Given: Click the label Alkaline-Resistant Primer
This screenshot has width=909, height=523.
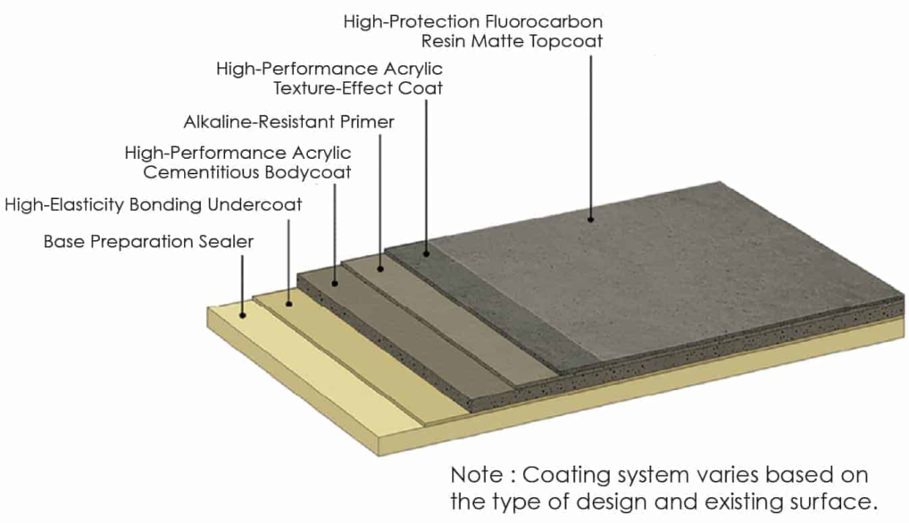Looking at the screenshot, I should [288, 121].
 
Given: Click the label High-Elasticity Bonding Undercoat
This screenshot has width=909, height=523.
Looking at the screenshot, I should [154, 204].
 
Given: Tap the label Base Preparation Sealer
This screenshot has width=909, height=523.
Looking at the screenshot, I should [148, 241].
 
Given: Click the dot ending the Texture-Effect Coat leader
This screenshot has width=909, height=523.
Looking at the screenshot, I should [426, 253].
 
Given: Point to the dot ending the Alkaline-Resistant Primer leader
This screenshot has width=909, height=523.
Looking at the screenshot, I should [379, 267].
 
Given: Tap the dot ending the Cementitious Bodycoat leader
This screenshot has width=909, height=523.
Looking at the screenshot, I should [335, 283].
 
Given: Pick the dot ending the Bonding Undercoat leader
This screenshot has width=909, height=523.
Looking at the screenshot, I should [288, 303].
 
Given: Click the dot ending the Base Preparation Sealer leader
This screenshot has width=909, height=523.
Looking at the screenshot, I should [243, 314].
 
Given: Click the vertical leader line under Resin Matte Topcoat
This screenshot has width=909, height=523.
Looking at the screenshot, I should [590, 134].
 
